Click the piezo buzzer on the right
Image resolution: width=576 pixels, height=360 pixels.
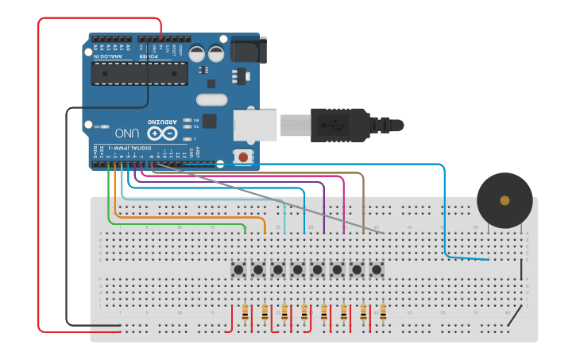click(x=504, y=200)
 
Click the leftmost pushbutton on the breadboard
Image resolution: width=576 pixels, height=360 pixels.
click(x=238, y=269)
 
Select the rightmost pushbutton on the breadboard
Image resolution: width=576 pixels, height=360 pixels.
click(x=377, y=269)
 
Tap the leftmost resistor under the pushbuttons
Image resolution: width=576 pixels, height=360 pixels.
click(x=245, y=312)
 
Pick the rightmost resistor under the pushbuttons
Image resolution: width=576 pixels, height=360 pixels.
click(x=383, y=312)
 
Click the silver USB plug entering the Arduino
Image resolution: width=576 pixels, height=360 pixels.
click(x=293, y=125)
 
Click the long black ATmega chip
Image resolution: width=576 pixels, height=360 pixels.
click(x=140, y=73)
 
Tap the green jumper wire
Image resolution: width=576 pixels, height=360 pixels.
click(x=109, y=199)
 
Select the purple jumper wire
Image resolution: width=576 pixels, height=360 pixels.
click(x=324, y=203)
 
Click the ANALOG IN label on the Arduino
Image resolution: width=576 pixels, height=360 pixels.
click(x=110, y=56)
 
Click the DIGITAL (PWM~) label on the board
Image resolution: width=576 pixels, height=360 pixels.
click(x=140, y=148)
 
